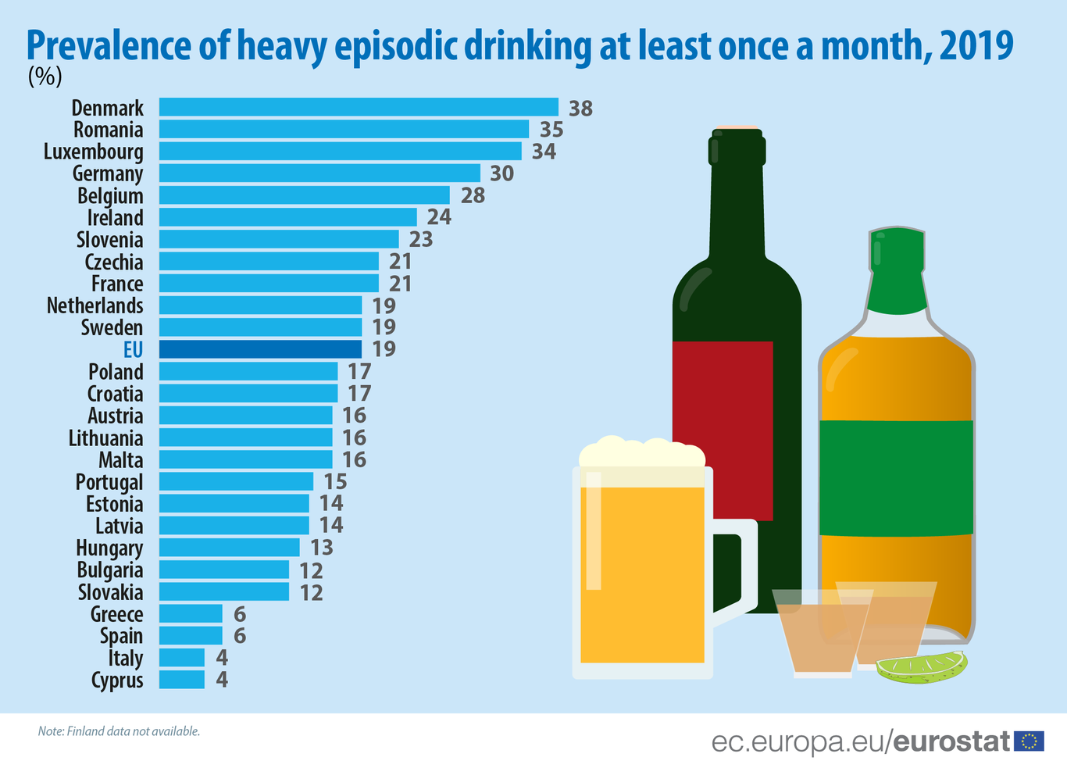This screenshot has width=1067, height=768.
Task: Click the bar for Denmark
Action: (359, 107)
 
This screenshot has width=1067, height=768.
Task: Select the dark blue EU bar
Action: (260, 349)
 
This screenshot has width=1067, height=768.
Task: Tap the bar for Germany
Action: (319, 173)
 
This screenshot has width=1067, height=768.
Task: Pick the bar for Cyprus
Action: (181, 680)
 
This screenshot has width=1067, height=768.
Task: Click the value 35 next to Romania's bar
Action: (551, 130)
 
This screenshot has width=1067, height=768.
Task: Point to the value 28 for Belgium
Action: (473, 195)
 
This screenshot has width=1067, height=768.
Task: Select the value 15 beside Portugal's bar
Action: (335, 482)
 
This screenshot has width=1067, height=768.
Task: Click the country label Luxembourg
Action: (94, 152)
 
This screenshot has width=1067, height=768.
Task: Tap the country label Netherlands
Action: (95, 305)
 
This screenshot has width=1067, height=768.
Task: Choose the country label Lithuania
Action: (105, 438)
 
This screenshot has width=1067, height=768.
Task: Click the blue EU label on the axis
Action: (133, 349)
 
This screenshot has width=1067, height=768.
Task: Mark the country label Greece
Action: (116, 615)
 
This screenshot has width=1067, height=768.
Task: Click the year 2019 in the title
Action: (976, 45)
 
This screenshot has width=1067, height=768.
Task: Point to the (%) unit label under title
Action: (45, 77)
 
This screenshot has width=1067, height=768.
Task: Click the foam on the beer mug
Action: (641, 452)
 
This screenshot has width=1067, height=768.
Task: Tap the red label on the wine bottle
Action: (723, 430)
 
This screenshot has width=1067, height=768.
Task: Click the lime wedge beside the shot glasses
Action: (922, 666)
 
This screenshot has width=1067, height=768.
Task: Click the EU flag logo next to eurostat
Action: (1029, 741)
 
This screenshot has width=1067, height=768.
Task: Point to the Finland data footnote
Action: (119, 731)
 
